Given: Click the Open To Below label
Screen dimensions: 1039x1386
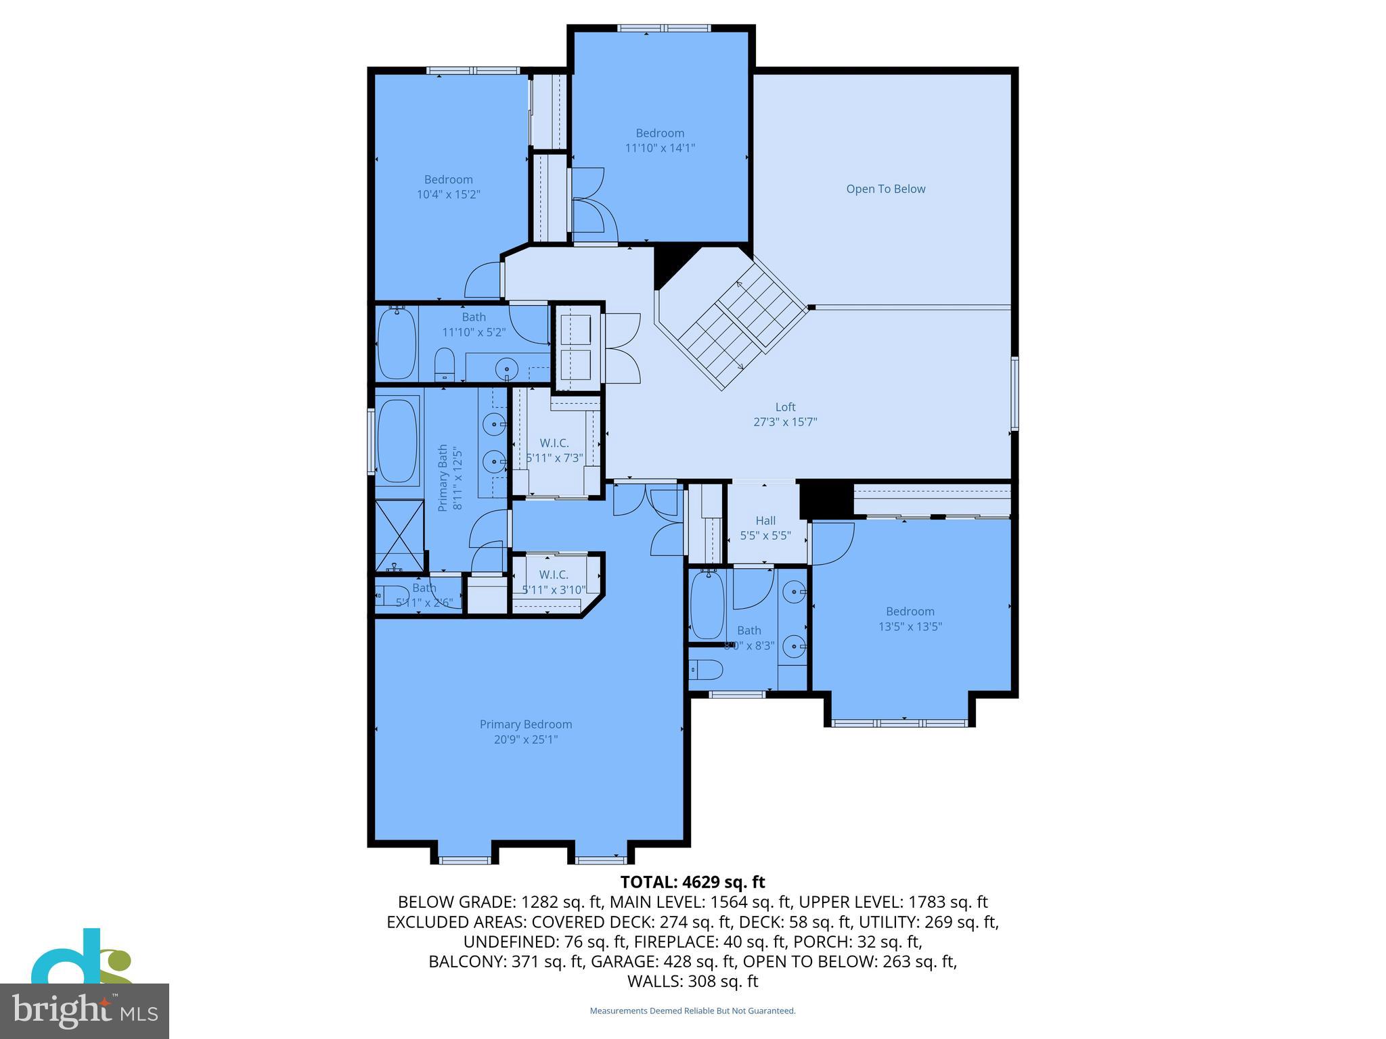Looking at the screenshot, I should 885,189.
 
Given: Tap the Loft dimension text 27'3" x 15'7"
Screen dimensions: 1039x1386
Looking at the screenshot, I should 785,422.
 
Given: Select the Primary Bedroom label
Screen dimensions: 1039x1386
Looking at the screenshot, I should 526,724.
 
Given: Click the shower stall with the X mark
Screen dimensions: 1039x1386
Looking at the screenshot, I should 399,534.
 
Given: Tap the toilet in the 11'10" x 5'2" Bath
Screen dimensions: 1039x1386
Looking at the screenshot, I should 444,365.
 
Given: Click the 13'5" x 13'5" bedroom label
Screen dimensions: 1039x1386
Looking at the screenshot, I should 910,619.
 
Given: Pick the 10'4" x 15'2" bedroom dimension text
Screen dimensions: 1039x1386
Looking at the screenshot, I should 449,195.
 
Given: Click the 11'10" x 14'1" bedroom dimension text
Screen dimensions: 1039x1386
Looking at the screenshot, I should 660,148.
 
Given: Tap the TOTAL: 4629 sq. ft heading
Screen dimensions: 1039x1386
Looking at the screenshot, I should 692,882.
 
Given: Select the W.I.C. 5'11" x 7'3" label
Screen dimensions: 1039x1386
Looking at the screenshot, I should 554,451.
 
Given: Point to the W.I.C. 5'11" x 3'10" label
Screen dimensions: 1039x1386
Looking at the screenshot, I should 554,582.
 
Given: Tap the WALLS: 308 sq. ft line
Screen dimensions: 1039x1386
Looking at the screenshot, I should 692,981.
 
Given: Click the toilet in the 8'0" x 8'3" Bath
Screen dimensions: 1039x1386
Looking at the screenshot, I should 707,670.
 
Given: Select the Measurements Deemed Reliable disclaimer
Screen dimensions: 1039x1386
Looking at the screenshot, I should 692,1011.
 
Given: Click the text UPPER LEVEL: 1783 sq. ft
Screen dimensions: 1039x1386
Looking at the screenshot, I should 893,902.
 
